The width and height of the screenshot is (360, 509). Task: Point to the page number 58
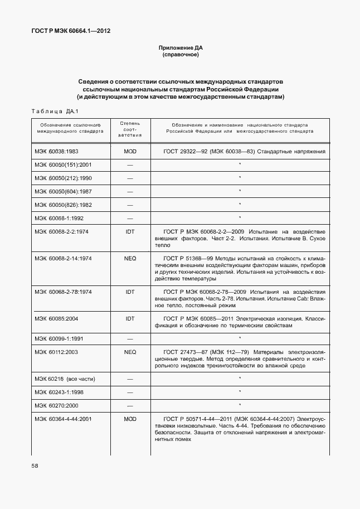[x=35, y=464]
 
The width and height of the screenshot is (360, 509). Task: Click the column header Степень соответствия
[x=130, y=129]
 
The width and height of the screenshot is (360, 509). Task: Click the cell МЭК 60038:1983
[x=57, y=151]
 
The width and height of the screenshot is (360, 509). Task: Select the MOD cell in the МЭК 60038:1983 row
[x=130, y=151]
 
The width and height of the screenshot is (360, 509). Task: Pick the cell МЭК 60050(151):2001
[x=63, y=164]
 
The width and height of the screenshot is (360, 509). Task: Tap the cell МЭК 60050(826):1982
[x=63, y=205]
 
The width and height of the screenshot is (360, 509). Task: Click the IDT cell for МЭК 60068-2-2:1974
[x=130, y=231]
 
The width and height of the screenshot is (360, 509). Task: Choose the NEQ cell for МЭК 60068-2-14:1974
[x=130, y=258]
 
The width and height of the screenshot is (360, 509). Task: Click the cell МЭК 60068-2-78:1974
[x=63, y=292]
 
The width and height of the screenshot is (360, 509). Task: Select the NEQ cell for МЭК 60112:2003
[x=130, y=352]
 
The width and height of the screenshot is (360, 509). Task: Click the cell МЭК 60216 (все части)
[x=64, y=379]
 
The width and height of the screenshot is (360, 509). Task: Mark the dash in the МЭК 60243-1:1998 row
[x=130, y=392]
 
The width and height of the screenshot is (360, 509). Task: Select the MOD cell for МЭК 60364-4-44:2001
[x=130, y=418]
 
